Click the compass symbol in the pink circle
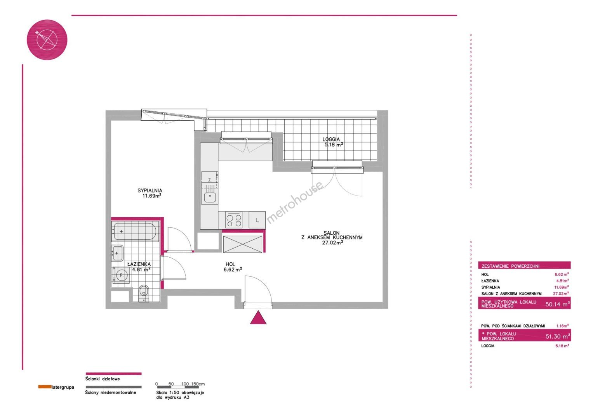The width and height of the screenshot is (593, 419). [x=47, y=40]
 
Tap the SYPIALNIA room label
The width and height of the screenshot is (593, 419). [x=150, y=190]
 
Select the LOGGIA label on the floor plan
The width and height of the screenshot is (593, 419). [x=331, y=139]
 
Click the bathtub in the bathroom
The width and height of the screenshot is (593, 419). [x=135, y=232]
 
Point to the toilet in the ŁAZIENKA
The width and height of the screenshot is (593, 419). [x=144, y=293]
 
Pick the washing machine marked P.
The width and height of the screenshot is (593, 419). [x=121, y=275]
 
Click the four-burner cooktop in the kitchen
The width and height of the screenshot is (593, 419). [x=234, y=220]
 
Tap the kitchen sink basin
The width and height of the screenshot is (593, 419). [x=210, y=197]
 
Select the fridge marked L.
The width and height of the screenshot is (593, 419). [x=257, y=220]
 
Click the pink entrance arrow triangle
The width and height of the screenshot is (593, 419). [x=258, y=318]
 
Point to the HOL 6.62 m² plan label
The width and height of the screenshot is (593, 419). [x=233, y=267]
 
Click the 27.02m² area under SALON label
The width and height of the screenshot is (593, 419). [x=332, y=242]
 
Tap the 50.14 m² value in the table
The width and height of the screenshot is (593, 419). [x=557, y=304]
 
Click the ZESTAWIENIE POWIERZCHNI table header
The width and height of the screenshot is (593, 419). [x=510, y=266]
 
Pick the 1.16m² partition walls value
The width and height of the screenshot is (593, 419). [x=562, y=326]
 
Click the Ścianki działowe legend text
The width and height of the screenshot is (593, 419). [x=103, y=379]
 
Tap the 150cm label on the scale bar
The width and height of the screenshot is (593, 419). [x=198, y=384]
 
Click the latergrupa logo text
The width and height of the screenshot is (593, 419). [x=63, y=387]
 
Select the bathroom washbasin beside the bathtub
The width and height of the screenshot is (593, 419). [x=117, y=253]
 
